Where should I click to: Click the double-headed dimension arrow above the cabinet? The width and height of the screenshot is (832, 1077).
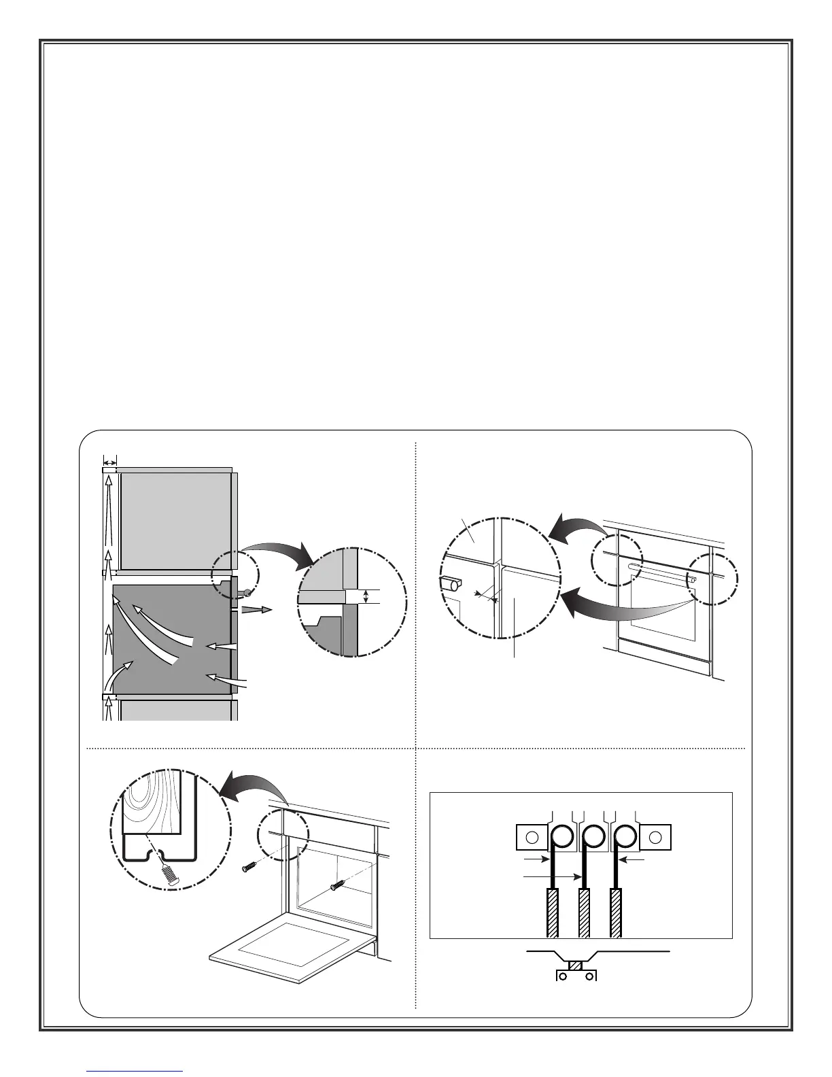click(x=109, y=462)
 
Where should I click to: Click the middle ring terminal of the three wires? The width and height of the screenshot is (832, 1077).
click(x=593, y=836)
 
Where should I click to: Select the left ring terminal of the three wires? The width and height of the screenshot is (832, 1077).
click(x=560, y=836)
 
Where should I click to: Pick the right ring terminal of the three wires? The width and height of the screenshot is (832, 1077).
click(x=625, y=836)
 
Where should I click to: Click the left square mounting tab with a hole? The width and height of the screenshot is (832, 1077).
click(x=532, y=836)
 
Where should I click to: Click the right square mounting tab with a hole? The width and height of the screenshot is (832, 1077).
click(x=655, y=836)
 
